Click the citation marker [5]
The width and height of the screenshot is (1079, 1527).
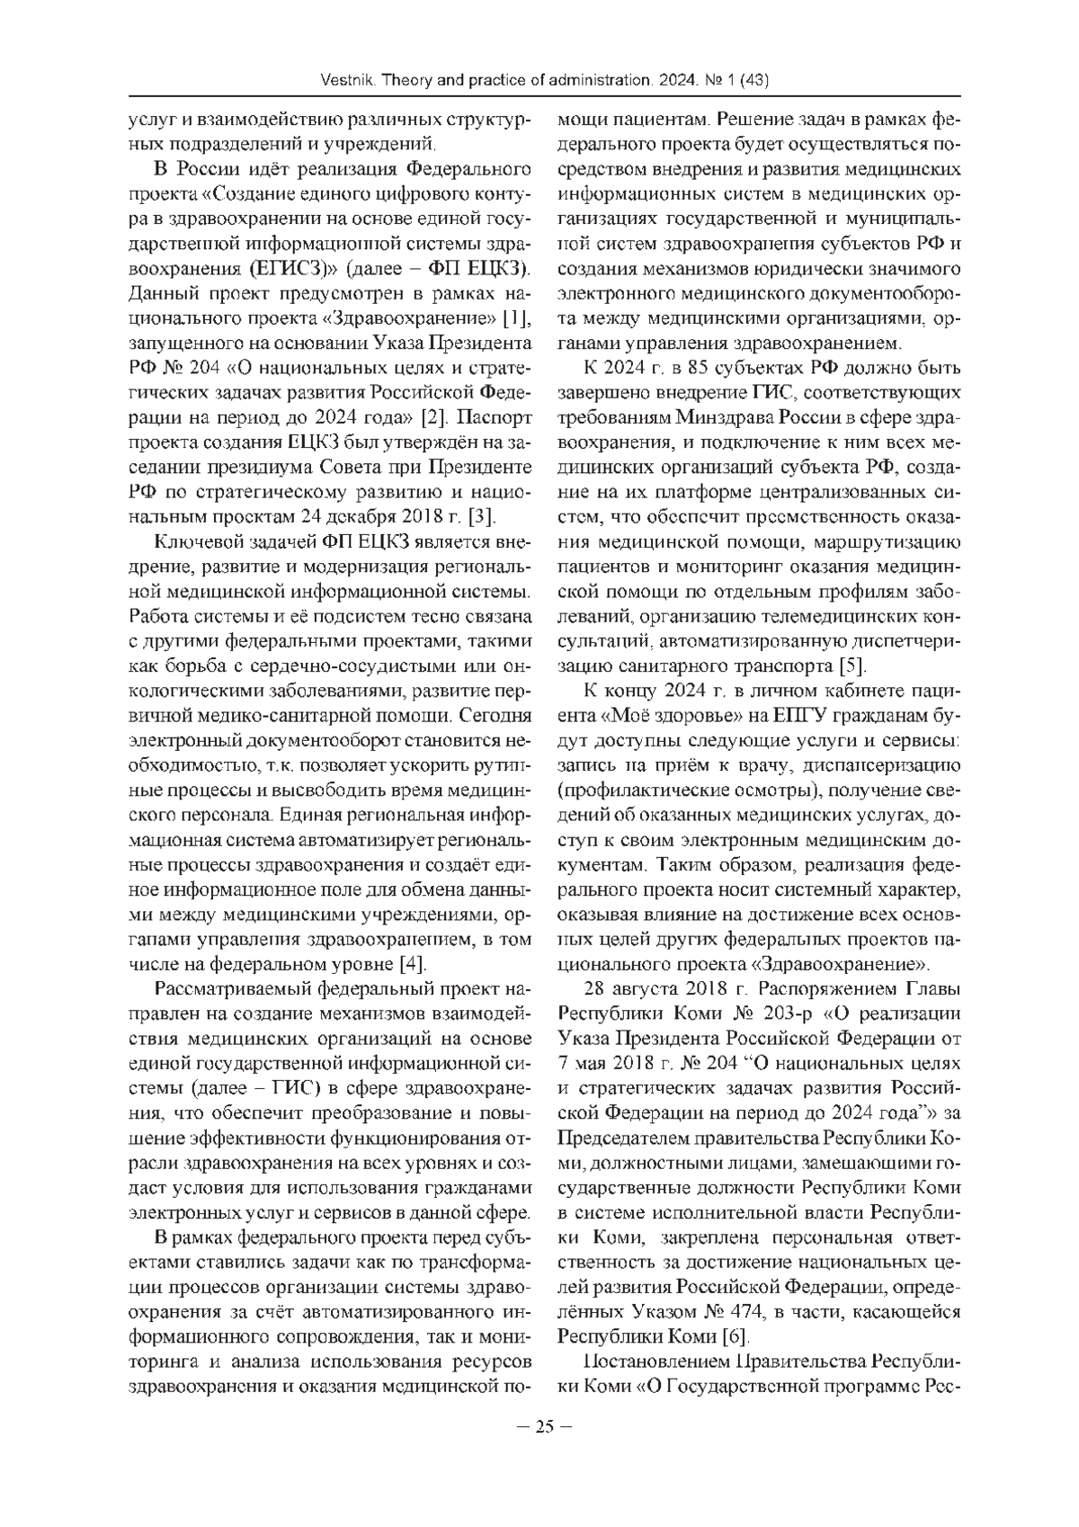tap(852, 666)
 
